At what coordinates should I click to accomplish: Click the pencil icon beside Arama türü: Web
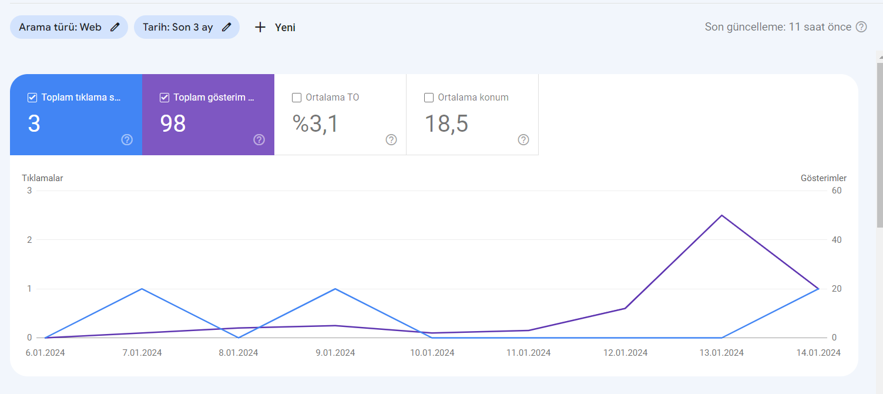(115, 27)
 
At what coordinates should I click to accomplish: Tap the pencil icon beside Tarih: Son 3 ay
(226, 27)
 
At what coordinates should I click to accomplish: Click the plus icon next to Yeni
(260, 27)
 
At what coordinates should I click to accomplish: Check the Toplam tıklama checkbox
(32, 98)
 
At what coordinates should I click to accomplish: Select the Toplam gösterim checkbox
(164, 98)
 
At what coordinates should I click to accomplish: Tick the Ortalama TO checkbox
(297, 98)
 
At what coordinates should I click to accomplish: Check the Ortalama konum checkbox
(428, 98)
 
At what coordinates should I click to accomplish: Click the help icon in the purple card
(259, 139)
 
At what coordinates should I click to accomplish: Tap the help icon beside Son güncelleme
(862, 27)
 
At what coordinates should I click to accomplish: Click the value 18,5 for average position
(446, 123)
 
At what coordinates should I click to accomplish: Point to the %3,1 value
(315, 123)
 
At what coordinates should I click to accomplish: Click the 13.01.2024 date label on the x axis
(721, 353)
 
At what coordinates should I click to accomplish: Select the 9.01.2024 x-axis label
(335, 353)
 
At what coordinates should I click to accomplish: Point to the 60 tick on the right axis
(837, 191)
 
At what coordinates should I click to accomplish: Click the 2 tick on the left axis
(29, 240)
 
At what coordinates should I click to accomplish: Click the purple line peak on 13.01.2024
(721, 215)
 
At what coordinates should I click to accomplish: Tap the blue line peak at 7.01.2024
(142, 289)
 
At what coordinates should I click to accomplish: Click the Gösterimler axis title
(824, 178)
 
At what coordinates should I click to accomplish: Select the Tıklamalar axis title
(42, 178)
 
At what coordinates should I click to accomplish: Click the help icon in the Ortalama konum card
(523, 139)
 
